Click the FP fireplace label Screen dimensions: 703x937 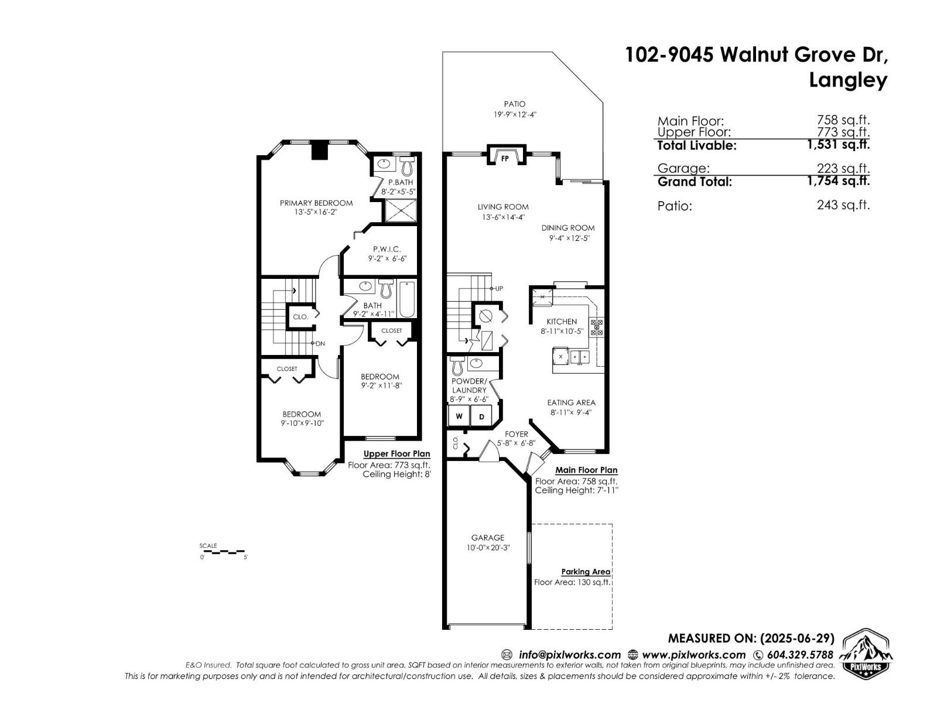505,159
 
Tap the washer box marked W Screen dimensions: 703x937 459,417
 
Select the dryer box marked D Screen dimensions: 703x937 482,417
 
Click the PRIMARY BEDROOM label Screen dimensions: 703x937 316,203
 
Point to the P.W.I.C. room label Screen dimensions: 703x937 387,249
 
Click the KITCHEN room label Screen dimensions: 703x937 562,321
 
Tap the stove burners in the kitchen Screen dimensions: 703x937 596,327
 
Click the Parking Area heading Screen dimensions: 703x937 586,572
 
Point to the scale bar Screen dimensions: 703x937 223,552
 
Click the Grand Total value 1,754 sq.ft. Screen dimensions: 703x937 838,181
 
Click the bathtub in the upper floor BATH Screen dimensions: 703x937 408,299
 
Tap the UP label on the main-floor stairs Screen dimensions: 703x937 499,288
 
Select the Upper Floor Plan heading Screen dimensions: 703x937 396,454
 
